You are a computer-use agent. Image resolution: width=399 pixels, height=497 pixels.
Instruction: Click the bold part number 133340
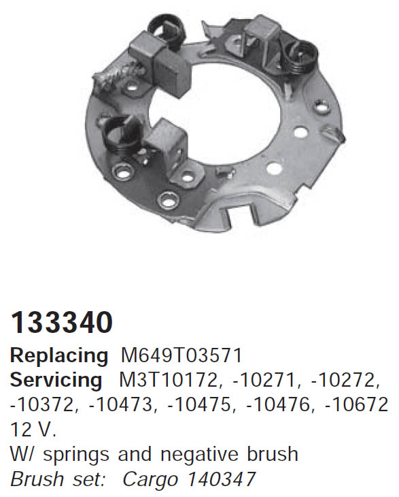61,322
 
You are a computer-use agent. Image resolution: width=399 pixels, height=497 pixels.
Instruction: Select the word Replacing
59,356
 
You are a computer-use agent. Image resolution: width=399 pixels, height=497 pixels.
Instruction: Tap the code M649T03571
181,355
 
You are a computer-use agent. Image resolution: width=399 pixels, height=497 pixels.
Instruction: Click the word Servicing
56,381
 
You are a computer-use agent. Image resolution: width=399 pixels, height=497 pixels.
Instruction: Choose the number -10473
123,405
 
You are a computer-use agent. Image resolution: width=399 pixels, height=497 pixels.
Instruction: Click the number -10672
356,405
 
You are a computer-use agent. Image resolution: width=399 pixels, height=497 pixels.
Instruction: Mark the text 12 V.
33,430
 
